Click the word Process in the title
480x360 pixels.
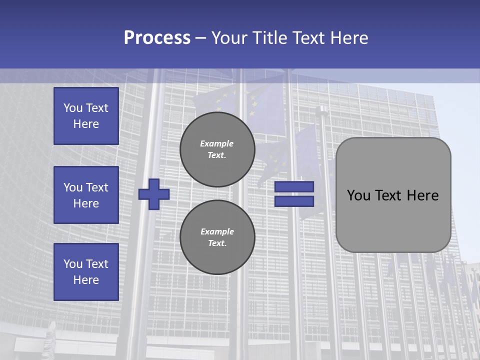(x=157, y=38)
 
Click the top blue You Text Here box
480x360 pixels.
(x=86, y=116)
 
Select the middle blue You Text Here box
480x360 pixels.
(x=86, y=195)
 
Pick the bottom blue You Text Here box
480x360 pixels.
(x=86, y=272)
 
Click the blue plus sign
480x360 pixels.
(x=154, y=194)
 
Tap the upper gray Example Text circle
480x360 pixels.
(x=217, y=149)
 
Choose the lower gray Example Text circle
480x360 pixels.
(x=217, y=237)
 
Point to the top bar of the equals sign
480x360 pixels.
(x=294, y=187)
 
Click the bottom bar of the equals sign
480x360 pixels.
(x=294, y=201)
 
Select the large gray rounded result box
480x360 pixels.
(x=393, y=220)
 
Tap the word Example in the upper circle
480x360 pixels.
(x=217, y=144)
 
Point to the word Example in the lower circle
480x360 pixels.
(x=217, y=232)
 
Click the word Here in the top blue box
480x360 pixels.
(x=86, y=124)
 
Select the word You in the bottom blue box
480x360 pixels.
(x=73, y=264)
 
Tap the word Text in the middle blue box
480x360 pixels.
(x=97, y=187)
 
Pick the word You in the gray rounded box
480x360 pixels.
(x=358, y=195)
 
